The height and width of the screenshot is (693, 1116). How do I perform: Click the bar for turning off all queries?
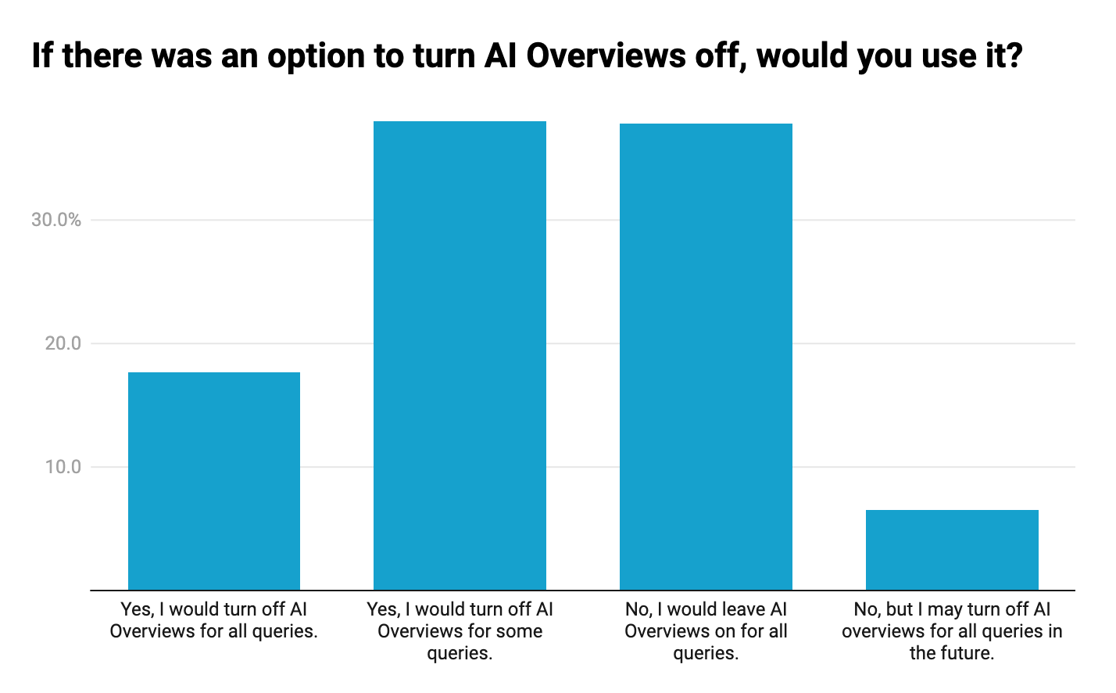click(213, 481)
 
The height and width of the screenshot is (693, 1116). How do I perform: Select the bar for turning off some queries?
click(460, 356)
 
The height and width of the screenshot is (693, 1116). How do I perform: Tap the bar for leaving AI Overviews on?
click(706, 357)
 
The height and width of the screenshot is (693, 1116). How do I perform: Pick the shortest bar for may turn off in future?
click(952, 550)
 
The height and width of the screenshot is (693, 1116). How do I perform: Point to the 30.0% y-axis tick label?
click(56, 220)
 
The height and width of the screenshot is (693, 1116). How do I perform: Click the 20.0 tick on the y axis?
click(63, 343)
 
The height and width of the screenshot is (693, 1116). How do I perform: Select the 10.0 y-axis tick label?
click(63, 467)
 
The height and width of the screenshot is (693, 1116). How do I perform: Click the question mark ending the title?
click(1014, 56)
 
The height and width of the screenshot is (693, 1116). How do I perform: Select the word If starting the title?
click(42, 56)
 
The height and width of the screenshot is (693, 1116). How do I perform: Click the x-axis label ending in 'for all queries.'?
click(213, 620)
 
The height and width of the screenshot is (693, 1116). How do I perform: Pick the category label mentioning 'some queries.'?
click(460, 631)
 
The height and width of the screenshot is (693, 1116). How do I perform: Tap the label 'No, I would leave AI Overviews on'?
click(706, 620)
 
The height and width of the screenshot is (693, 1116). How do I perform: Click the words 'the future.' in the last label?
click(952, 653)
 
